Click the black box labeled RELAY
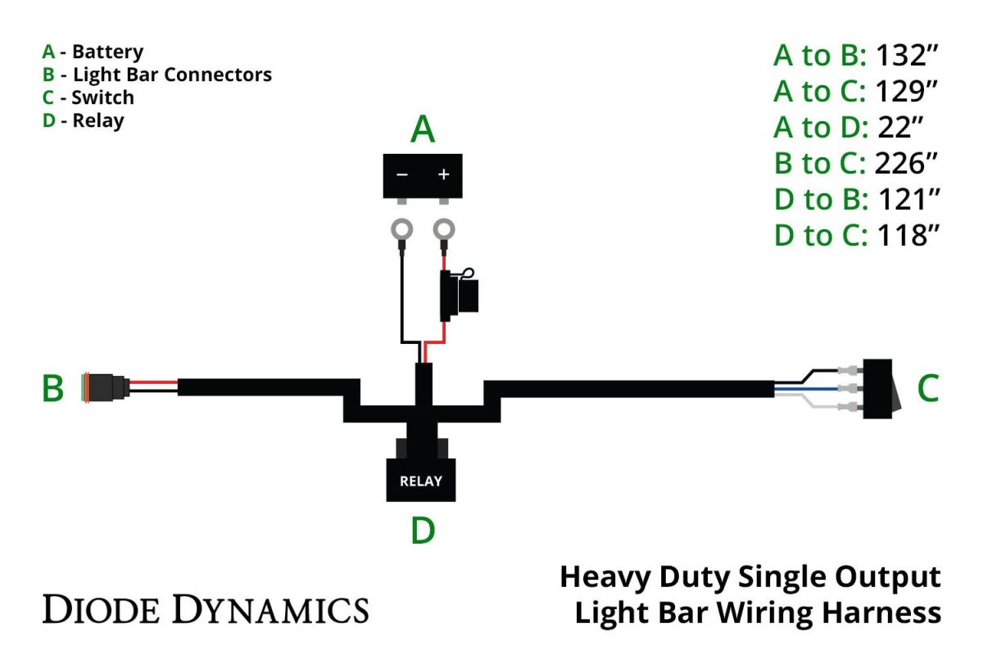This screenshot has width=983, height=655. [x=420, y=480]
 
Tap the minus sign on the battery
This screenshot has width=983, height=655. [x=402, y=174]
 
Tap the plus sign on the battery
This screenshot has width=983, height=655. [x=444, y=174]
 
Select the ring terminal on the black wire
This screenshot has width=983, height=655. [x=401, y=231]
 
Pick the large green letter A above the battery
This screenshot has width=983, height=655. [x=422, y=129]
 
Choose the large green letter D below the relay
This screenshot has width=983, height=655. [x=422, y=531]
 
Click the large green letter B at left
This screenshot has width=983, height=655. [x=53, y=389]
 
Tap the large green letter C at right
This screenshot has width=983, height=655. [x=927, y=389]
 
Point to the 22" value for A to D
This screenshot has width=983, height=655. [x=901, y=127]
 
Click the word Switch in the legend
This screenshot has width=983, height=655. [x=102, y=97]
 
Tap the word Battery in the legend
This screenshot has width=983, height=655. [x=107, y=52]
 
